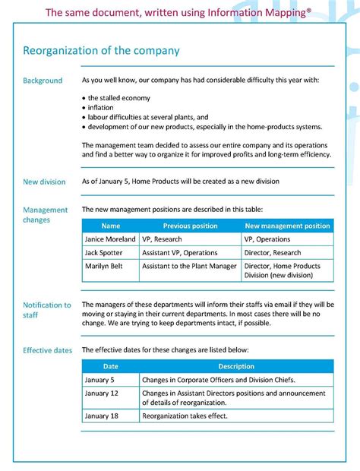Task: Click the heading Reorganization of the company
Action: pos(101,51)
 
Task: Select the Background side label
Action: pos(43,81)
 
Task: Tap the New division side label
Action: pos(44,182)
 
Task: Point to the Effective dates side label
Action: pos(48,350)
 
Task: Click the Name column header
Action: pos(111,226)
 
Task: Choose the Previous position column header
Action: pos(190,226)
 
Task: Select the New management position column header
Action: pos(287,226)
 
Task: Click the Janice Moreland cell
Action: pos(110,239)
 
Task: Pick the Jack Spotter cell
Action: pos(105,252)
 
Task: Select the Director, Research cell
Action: pos(273,252)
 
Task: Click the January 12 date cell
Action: pos(102,393)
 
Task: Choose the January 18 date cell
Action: pos(102,416)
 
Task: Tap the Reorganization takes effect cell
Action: pos(185,416)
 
